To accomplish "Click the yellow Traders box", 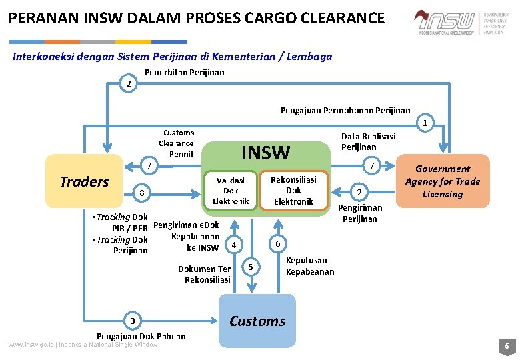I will (85, 182).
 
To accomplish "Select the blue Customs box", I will (257, 321).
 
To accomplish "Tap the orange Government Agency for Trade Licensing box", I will (443, 181).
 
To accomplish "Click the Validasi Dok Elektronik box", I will (231, 191).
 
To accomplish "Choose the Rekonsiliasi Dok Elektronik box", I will (293, 191).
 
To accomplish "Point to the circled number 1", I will (424, 123).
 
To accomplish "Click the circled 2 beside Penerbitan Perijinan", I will (129, 84).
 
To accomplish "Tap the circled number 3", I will (133, 321).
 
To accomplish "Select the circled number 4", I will (233, 245).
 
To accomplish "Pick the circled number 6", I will (277, 243).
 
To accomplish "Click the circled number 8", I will (141, 193).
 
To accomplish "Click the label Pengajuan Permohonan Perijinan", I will (345, 110).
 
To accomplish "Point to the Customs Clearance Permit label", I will (177, 143).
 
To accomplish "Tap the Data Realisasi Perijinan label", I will (368, 141).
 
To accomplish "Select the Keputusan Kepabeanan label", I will (310, 266).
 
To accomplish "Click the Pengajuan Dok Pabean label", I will (141, 336).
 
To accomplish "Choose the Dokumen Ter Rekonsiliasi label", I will (207, 274).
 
